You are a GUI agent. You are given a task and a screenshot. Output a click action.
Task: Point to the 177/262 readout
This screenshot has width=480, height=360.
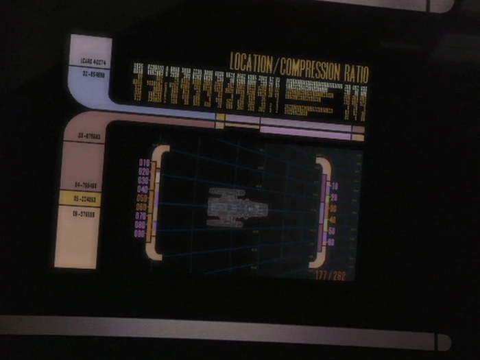(x=331, y=275)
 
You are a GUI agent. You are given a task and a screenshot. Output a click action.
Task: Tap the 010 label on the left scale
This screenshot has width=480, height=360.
(x=144, y=163)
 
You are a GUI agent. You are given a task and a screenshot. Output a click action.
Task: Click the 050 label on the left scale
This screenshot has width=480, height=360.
(x=143, y=197)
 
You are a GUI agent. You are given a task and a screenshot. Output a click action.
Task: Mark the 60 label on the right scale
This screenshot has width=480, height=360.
(x=331, y=242)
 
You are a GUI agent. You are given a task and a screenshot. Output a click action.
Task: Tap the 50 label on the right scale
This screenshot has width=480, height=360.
(x=332, y=231)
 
